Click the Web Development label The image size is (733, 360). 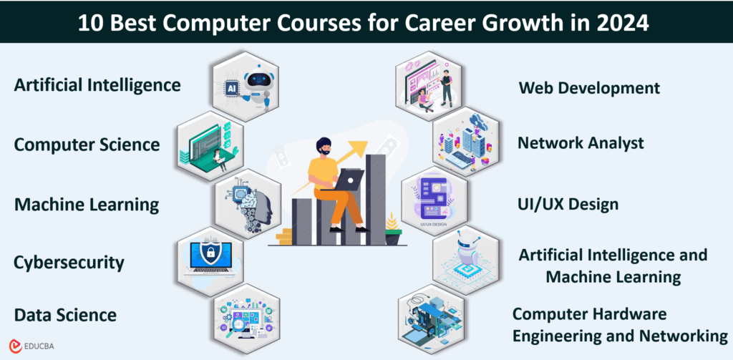588,89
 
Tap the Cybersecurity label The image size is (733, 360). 69,263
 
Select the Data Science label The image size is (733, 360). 65,315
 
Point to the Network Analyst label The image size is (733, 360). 581,143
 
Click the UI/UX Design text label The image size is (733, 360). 568,205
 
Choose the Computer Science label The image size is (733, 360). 87,145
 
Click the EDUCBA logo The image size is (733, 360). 33,345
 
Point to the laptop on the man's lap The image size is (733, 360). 349,180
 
